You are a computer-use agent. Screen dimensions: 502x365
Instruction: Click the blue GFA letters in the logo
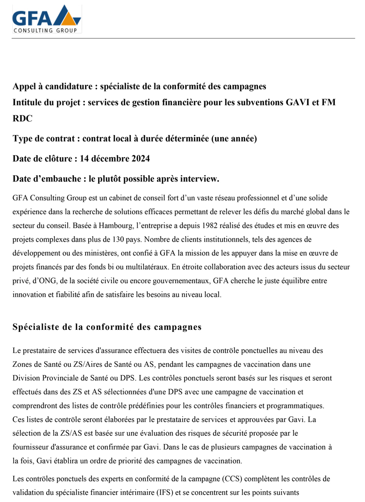tap(32, 19)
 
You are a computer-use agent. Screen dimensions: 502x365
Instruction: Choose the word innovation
tap(31, 295)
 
